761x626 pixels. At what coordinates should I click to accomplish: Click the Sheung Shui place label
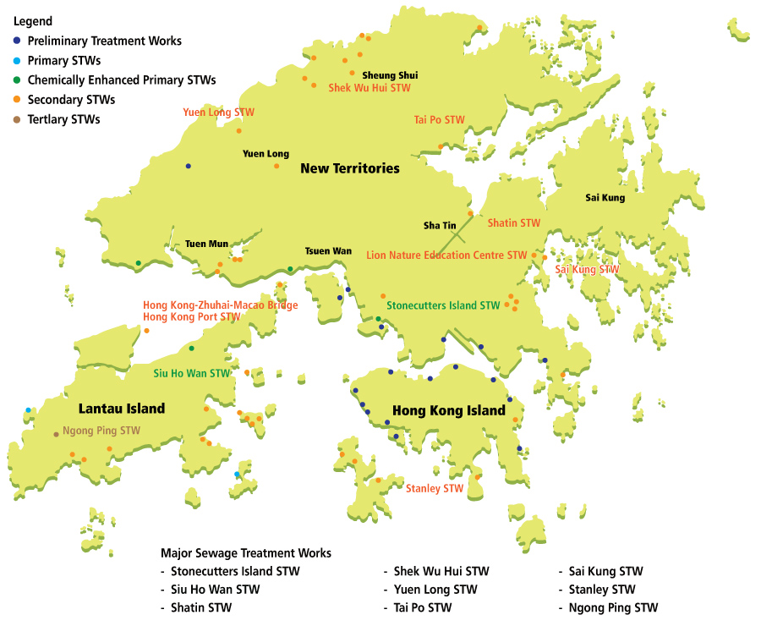[x=390, y=75]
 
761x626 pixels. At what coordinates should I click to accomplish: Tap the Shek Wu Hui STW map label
[x=370, y=87]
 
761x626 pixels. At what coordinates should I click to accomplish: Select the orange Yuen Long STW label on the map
[x=218, y=112]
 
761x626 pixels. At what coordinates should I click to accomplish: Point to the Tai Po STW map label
[x=440, y=119]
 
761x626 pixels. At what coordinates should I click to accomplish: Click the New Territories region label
[x=349, y=168]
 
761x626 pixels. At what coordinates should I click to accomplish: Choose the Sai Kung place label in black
[x=605, y=198]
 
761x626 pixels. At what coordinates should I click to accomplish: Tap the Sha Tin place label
[x=440, y=226]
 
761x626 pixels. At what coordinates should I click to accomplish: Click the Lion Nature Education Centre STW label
[x=446, y=255]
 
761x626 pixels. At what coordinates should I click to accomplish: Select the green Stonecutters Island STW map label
[x=443, y=305]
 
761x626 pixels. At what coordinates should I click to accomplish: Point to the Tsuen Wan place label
[x=328, y=251]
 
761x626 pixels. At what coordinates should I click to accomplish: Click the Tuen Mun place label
[x=206, y=244]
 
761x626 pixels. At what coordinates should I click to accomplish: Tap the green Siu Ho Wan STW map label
[x=192, y=372]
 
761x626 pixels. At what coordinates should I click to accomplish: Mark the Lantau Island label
[x=122, y=409]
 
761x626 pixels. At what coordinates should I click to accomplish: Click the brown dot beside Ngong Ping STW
[x=57, y=434]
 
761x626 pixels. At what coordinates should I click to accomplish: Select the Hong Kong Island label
[x=449, y=411]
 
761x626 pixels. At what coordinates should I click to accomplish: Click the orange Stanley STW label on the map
[x=435, y=488]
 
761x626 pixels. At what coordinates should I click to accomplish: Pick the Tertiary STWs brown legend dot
[x=18, y=119]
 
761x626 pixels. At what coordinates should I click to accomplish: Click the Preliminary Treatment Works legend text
[x=104, y=41]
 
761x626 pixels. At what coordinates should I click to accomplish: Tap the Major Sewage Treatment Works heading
[x=246, y=553]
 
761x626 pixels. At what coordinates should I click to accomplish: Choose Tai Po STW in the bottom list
[x=423, y=607]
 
